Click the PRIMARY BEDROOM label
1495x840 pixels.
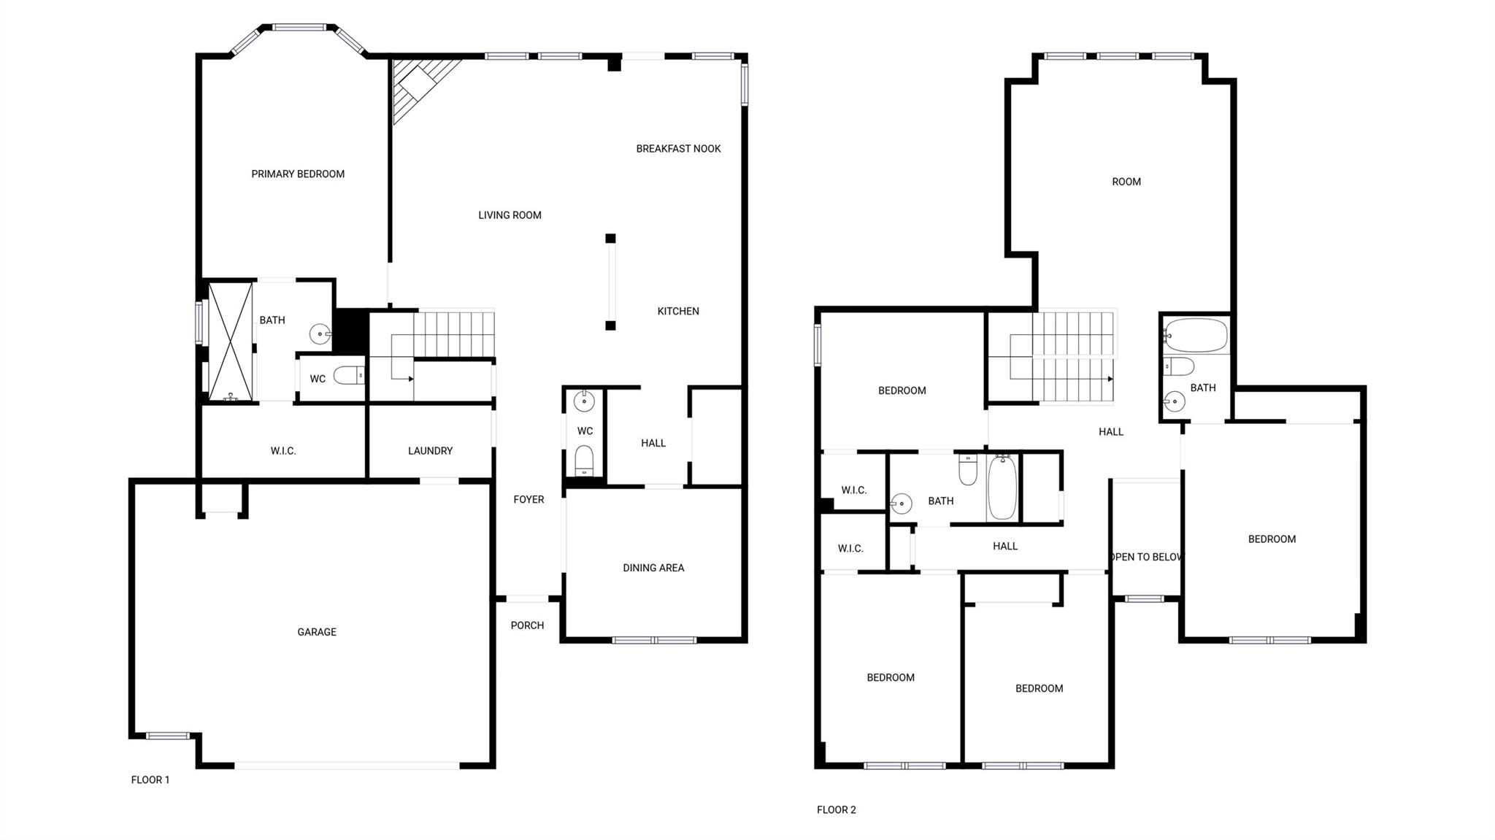click(298, 174)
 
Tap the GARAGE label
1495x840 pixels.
click(317, 632)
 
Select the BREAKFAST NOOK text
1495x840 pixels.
click(678, 149)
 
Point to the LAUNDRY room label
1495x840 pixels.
click(430, 451)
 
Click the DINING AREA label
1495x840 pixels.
click(653, 568)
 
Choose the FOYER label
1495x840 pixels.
click(529, 499)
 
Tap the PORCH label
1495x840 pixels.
click(527, 625)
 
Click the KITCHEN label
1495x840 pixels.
click(678, 311)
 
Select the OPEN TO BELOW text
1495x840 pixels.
click(1145, 557)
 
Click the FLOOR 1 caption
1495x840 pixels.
click(150, 779)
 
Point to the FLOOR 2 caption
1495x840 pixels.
click(837, 809)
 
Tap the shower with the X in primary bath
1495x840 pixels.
click(231, 342)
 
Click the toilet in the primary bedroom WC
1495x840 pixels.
click(349, 376)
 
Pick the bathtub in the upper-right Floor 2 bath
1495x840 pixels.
click(1196, 335)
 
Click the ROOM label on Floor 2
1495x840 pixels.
click(1126, 182)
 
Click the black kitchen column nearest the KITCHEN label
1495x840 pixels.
click(610, 325)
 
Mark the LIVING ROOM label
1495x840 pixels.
click(510, 215)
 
